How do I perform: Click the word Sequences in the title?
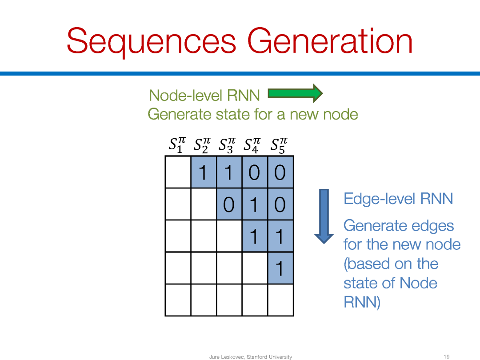click(152, 41)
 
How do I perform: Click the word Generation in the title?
click(330, 41)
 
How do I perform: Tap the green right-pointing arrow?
click(295, 93)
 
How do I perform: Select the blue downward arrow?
click(324, 216)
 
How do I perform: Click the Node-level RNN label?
click(204, 95)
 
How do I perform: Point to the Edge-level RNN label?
click(398, 199)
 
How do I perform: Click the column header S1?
click(177, 145)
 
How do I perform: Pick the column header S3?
click(227, 145)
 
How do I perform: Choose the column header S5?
click(279, 145)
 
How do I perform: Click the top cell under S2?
click(204, 172)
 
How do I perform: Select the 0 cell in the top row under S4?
click(255, 172)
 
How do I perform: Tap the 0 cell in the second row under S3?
click(229, 204)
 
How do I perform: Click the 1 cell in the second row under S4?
click(255, 204)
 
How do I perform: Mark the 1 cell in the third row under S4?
click(255, 236)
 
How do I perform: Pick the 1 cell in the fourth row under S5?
click(280, 268)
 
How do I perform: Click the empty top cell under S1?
click(178, 172)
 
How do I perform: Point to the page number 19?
click(447, 356)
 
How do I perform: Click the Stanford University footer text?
click(269, 356)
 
